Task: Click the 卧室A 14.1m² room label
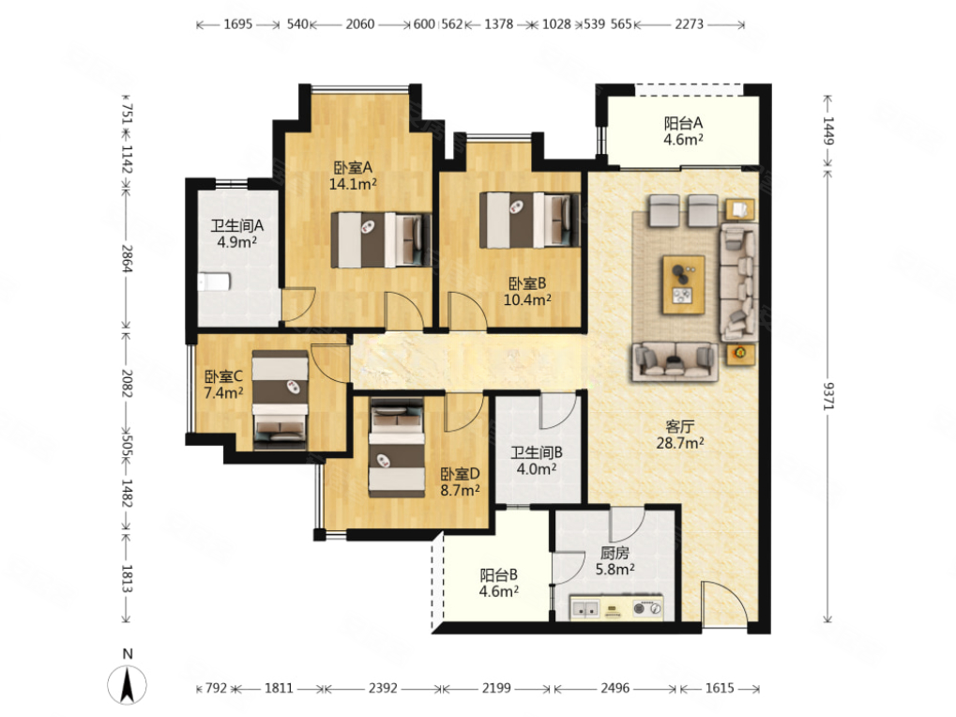click(x=353, y=175)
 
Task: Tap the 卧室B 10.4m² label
click(x=527, y=292)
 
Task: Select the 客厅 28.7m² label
click(x=680, y=435)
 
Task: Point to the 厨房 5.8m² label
click(x=615, y=561)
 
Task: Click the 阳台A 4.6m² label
click(x=684, y=131)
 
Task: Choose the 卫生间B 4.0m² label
click(x=537, y=461)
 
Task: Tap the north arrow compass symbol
click(x=127, y=684)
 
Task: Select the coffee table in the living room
click(x=684, y=285)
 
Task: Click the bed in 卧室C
click(x=281, y=400)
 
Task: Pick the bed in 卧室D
click(x=396, y=448)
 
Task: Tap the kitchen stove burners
click(x=647, y=608)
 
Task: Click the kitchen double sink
click(x=585, y=608)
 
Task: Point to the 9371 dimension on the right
click(x=828, y=396)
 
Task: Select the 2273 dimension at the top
click(x=689, y=24)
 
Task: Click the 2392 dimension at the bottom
click(x=383, y=688)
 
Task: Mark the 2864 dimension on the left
click(x=127, y=258)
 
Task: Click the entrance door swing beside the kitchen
click(x=723, y=603)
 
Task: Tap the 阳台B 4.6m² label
click(x=499, y=583)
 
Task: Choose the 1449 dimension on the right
click(x=828, y=130)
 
